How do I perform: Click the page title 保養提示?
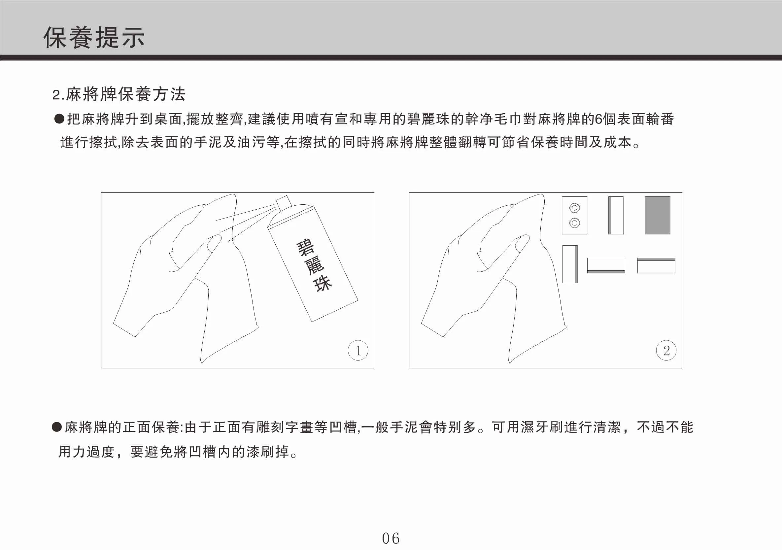94,37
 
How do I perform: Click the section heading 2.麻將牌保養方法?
119,94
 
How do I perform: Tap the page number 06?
391,538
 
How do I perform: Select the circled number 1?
358,350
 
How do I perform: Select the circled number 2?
666,350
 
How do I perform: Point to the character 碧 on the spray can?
306,248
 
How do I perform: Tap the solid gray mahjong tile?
657,215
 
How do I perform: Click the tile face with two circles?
574,215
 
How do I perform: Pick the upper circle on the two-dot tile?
574,207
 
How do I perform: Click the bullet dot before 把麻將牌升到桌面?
59,119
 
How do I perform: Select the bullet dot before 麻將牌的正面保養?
56,427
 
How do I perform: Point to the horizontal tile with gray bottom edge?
606,265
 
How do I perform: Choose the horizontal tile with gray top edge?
656,265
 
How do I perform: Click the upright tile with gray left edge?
616,215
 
